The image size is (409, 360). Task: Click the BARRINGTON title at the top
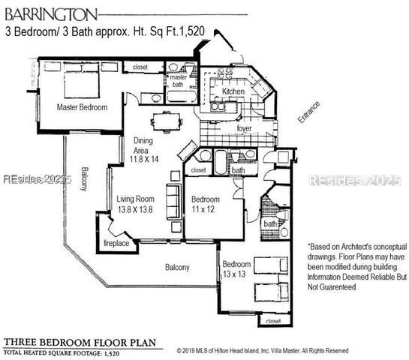point(50,13)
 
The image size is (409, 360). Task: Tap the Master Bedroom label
point(83,107)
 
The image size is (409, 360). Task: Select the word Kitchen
point(233,91)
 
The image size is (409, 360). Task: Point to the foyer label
point(244,129)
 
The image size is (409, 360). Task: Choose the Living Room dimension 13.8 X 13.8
point(135,209)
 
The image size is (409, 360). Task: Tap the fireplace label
point(116,244)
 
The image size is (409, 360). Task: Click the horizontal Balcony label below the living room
point(177,267)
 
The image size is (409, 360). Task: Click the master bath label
point(178,81)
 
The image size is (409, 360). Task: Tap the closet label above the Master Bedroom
point(140,67)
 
